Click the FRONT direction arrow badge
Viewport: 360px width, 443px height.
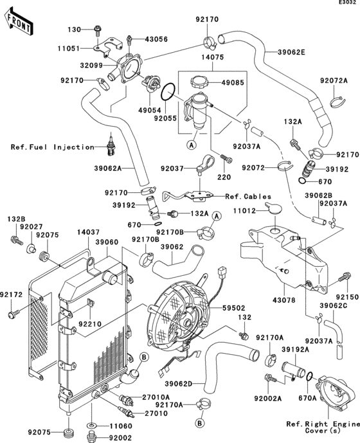click(x=18, y=23)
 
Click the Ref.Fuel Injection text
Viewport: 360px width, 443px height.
click(x=52, y=147)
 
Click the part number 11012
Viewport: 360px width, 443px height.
click(x=253, y=211)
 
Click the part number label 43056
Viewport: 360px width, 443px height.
click(x=155, y=40)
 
